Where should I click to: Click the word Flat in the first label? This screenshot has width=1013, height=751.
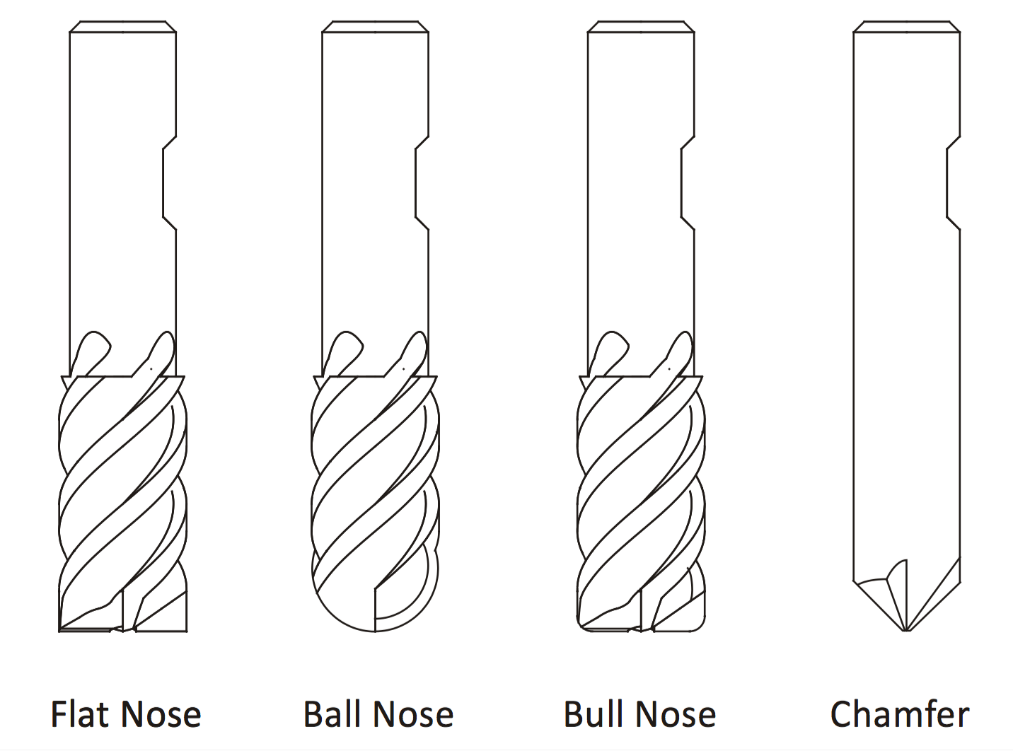pos(81,714)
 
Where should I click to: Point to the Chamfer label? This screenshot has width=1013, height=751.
pos(899,714)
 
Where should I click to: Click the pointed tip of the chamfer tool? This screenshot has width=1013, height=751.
pos(906,629)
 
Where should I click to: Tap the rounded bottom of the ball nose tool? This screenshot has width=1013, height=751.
pos(375,622)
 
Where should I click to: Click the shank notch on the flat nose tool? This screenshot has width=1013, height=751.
pos(169,182)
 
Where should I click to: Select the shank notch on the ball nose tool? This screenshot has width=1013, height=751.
pos(421,182)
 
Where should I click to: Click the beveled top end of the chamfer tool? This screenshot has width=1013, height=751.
pos(906,28)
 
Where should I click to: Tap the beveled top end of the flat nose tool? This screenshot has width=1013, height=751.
pos(122,28)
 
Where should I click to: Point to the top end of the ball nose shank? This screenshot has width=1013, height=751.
pos(374,28)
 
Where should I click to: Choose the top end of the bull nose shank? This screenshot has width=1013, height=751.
pos(641,28)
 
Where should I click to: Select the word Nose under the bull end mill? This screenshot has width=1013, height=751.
pos(678,714)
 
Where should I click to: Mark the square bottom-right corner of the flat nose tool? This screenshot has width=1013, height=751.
pos(185,629)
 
